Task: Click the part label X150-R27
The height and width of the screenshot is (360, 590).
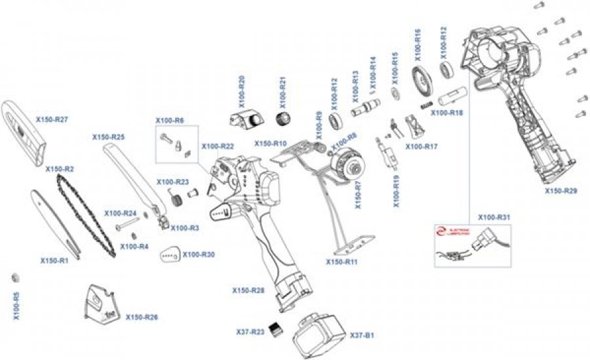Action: [x=52, y=119]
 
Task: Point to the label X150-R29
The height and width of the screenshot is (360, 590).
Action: [x=561, y=191]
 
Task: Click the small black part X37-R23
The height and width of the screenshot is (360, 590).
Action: [x=277, y=329]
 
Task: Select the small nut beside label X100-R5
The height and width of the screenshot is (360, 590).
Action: [x=16, y=278]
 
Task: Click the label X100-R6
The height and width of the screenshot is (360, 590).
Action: [x=169, y=120]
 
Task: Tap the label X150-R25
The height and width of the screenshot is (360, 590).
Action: [x=108, y=137]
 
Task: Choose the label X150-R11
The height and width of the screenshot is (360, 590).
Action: [x=342, y=262]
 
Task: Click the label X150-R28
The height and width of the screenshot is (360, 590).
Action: [x=248, y=289]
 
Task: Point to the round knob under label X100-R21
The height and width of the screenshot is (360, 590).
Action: [x=283, y=119]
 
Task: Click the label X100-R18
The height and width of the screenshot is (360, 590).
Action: [x=446, y=113]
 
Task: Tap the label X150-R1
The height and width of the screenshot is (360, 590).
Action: [x=54, y=260]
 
